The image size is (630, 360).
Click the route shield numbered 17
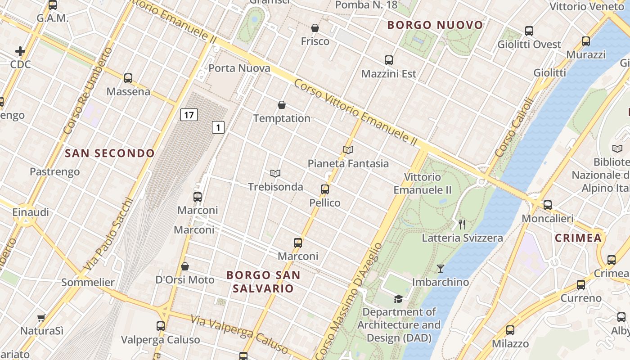[x=189, y=115]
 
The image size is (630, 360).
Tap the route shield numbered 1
[x=218, y=128]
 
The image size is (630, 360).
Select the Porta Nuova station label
[x=239, y=68]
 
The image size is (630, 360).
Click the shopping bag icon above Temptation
[x=282, y=105]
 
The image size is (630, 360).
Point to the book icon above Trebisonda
[x=275, y=173]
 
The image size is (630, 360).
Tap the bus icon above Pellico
[x=325, y=189]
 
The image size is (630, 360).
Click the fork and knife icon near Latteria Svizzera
[x=462, y=224]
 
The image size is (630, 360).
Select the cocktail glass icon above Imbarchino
[x=441, y=269]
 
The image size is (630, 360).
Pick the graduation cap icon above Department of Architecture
[x=398, y=299]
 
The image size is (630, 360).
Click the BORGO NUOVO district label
[x=435, y=25]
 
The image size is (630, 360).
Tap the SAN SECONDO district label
[x=110, y=153]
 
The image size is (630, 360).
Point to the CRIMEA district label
[x=578, y=238]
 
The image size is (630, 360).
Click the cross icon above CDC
[x=20, y=51]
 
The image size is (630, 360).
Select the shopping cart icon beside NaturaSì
[x=41, y=318]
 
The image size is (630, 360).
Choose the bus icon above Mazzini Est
[x=389, y=60]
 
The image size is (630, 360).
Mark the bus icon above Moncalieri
[x=547, y=205]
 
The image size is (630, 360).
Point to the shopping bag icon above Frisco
[x=315, y=28]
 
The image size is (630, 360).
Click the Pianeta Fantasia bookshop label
[x=348, y=163]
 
